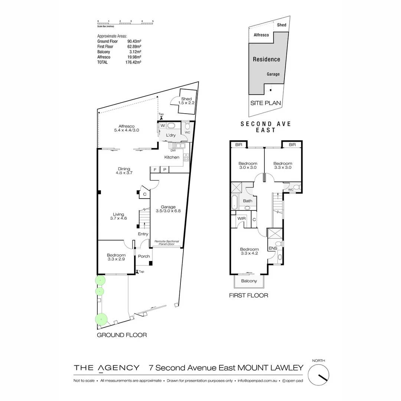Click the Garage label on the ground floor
tap(168, 209)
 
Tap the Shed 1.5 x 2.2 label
tap(186, 101)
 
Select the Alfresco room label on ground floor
tap(126, 128)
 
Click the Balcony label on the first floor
tap(249, 281)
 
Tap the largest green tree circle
tap(101, 318)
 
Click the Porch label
tap(144, 256)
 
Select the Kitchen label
tap(172, 157)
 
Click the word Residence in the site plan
tap(266, 59)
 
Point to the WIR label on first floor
tap(242, 218)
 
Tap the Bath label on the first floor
tap(248, 201)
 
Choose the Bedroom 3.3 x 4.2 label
tap(249, 251)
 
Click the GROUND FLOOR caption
tap(122, 335)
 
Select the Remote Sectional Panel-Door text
tap(167, 243)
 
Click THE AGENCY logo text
tap(107, 368)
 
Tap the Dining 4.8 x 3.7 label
tap(124, 171)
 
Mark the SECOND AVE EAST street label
tap(265, 127)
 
